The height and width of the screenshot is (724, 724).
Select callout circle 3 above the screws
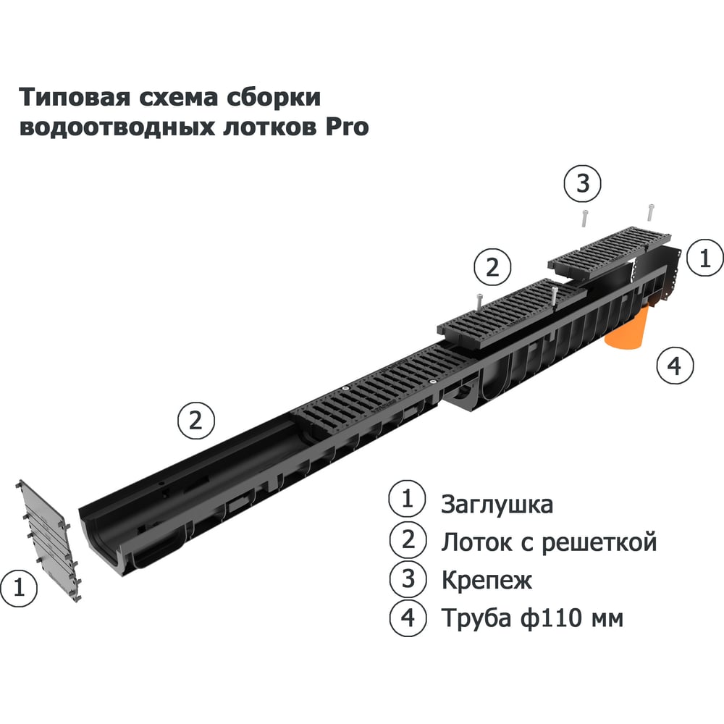583,183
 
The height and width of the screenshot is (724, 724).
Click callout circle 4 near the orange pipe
675,366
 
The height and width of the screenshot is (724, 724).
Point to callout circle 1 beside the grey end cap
19,588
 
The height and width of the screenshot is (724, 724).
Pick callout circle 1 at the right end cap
705,258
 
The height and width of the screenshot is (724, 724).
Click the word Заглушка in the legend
497,504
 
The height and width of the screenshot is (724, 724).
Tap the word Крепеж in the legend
487,580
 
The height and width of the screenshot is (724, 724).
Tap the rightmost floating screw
651,212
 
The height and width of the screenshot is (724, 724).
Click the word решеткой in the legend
599,542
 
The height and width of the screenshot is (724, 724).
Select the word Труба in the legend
476,618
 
